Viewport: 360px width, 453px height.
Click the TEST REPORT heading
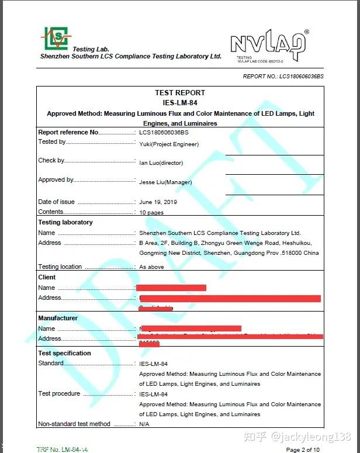click(180, 93)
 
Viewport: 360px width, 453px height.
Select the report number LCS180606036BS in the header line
click(301, 76)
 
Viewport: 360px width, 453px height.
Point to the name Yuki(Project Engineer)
click(169, 144)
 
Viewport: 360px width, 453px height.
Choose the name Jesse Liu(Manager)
click(165, 182)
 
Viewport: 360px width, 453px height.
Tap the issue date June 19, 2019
click(158, 202)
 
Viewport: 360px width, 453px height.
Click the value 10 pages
click(151, 213)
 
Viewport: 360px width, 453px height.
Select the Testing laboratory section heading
click(65, 223)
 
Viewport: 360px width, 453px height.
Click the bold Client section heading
click(47, 277)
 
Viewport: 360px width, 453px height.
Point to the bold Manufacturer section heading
click(58, 318)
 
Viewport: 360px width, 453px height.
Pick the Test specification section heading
click(64, 353)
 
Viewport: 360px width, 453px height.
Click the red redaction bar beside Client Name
click(171, 288)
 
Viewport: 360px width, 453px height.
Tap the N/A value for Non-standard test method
click(144, 424)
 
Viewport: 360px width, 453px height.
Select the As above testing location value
click(151, 267)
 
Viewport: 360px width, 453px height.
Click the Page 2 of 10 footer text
click(303, 449)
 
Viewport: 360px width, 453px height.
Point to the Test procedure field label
click(59, 393)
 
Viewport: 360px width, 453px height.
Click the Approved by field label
click(56, 180)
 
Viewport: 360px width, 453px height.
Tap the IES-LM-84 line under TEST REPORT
click(180, 103)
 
